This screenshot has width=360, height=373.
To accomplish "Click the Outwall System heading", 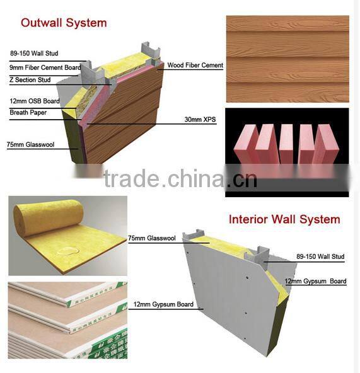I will click(x=64, y=23).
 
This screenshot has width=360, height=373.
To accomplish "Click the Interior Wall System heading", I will click(x=284, y=220).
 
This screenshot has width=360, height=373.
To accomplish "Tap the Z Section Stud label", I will click(x=29, y=80).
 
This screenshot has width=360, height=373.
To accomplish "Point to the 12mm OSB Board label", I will click(x=35, y=101).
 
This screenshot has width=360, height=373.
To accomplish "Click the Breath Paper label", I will click(x=28, y=112).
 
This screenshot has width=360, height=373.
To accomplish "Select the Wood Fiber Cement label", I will click(x=195, y=66).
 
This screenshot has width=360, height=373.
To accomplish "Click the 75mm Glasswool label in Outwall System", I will click(x=32, y=144).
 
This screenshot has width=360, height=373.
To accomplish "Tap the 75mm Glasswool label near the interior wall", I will click(x=149, y=239).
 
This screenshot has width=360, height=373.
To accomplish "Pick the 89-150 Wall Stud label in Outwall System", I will click(x=34, y=54).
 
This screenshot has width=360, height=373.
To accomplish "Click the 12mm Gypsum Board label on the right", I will click(x=315, y=281).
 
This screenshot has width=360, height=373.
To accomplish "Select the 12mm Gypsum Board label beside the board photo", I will click(x=158, y=305).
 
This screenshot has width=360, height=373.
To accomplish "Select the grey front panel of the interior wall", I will click(x=221, y=296).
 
